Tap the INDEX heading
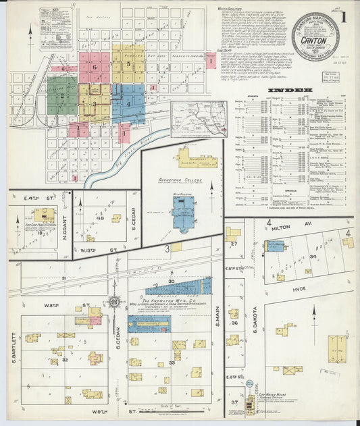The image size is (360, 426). [x=290, y=90]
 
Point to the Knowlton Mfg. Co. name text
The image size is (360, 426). [x=177, y=299]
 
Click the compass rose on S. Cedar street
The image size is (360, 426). [x=114, y=302]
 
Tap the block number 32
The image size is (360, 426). [x=65, y=361]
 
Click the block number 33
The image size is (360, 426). [x=172, y=363]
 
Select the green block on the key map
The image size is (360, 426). [x=62, y=95]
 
